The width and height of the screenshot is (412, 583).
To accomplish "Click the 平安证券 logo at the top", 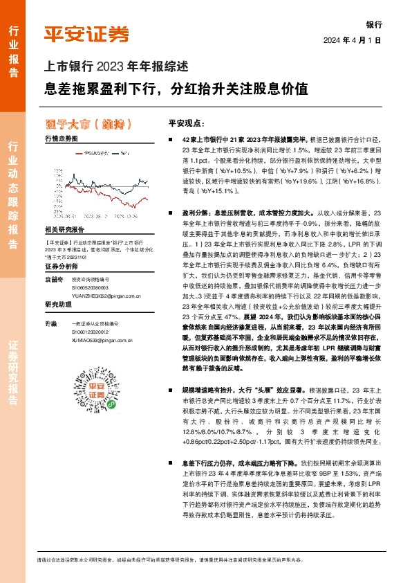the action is coord(86,34).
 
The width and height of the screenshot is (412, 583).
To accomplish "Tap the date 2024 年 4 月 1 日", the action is coord(353,39).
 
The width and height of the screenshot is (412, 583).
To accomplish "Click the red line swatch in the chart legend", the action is coord(75,150).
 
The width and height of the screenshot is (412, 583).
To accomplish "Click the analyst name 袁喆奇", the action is coord(53,277).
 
